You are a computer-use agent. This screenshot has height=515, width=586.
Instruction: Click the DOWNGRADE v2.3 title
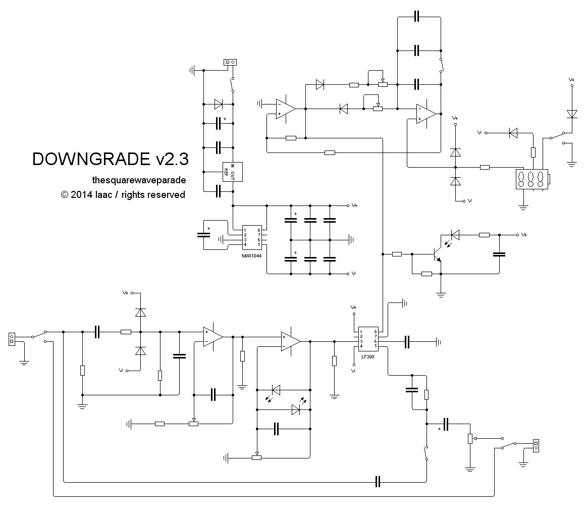click(110, 159)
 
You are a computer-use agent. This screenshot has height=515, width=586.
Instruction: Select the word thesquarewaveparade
click(139, 180)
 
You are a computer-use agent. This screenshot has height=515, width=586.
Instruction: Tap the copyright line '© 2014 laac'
click(123, 194)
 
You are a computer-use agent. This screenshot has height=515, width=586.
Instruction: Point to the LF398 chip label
click(368, 356)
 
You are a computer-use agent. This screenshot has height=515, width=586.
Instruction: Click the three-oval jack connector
click(532, 179)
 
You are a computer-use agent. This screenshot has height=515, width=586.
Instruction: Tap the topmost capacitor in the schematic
click(416, 17)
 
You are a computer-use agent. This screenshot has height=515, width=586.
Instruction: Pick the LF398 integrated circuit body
click(368, 339)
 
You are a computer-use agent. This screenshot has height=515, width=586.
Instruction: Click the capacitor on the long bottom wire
click(378, 482)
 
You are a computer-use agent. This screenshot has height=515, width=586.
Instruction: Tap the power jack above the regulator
click(230, 63)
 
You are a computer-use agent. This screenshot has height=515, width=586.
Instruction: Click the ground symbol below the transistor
click(441, 294)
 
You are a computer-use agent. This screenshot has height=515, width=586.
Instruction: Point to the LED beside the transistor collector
click(455, 234)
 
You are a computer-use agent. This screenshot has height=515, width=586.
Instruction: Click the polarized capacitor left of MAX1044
click(203, 235)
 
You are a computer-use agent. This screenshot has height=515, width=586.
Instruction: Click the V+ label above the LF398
click(354, 307)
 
